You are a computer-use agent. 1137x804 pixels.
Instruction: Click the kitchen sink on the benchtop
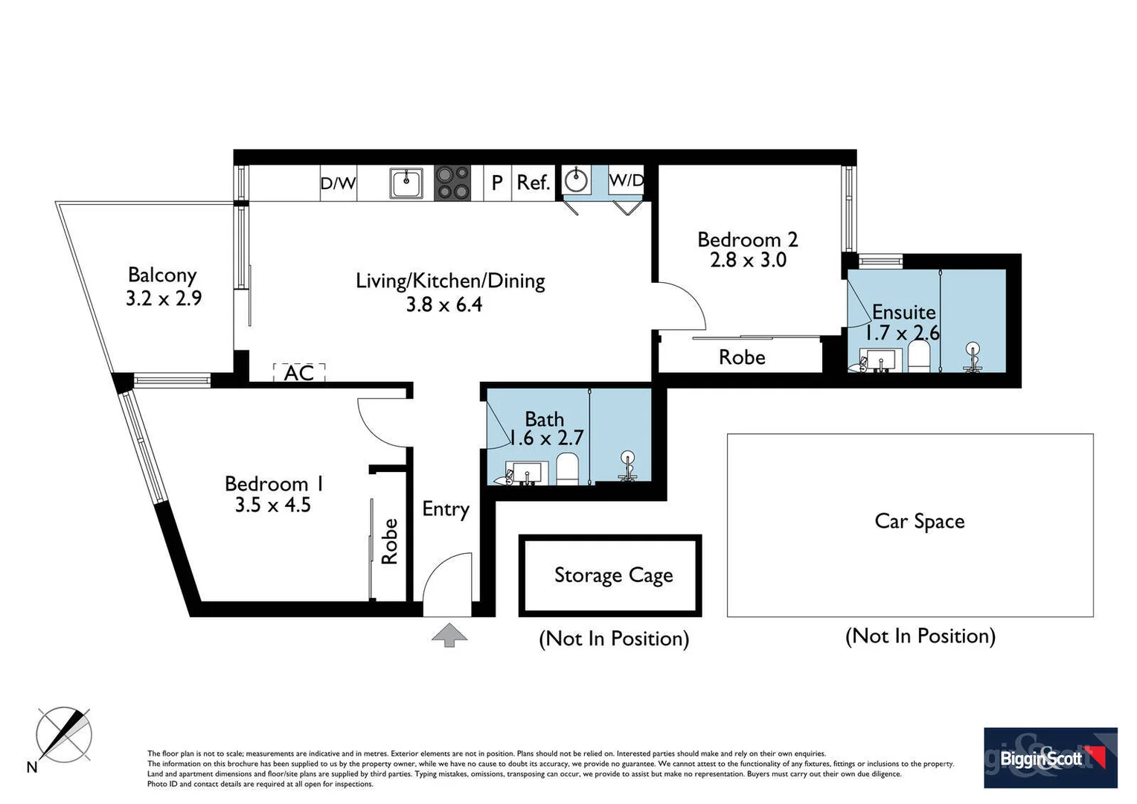pyautogui.click(x=406, y=182)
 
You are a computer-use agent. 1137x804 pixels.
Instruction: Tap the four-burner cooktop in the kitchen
pyautogui.click(x=452, y=182)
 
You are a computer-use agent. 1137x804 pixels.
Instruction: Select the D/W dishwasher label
pyautogui.click(x=338, y=183)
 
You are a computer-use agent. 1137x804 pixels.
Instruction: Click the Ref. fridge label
pyautogui.click(x=533, y=182)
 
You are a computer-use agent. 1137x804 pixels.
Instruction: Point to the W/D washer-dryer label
pyautogui.click(x=626, y=180)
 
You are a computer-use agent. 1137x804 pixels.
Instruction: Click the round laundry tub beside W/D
pyautogui.click(x=577, y=180)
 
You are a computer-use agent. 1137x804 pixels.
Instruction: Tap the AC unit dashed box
pyautogui.click(x=299, y=372)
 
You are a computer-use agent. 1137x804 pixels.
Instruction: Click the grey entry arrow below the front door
pyautogui.click(x=449, y=635)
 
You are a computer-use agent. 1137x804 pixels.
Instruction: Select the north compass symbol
pyautogui.click(x=64, y=735)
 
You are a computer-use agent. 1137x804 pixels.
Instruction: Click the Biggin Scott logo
pyautogui.click(x=1050, y=758)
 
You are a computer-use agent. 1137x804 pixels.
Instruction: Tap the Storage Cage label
pyautogui.click(x=613, y=575)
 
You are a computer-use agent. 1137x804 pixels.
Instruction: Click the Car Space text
pyautogui.click(x=919, y=521)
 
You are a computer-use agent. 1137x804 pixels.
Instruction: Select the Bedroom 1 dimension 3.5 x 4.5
pyautogui.click(x=272, y=505)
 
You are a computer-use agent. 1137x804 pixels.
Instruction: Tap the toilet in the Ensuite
pyautogui.click(x=920, y=356)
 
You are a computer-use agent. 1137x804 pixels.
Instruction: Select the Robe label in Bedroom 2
pyautogui.click(x=742, y=357)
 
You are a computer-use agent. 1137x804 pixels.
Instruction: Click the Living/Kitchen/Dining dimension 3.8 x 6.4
pyautogui.click(x=443, y=304)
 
